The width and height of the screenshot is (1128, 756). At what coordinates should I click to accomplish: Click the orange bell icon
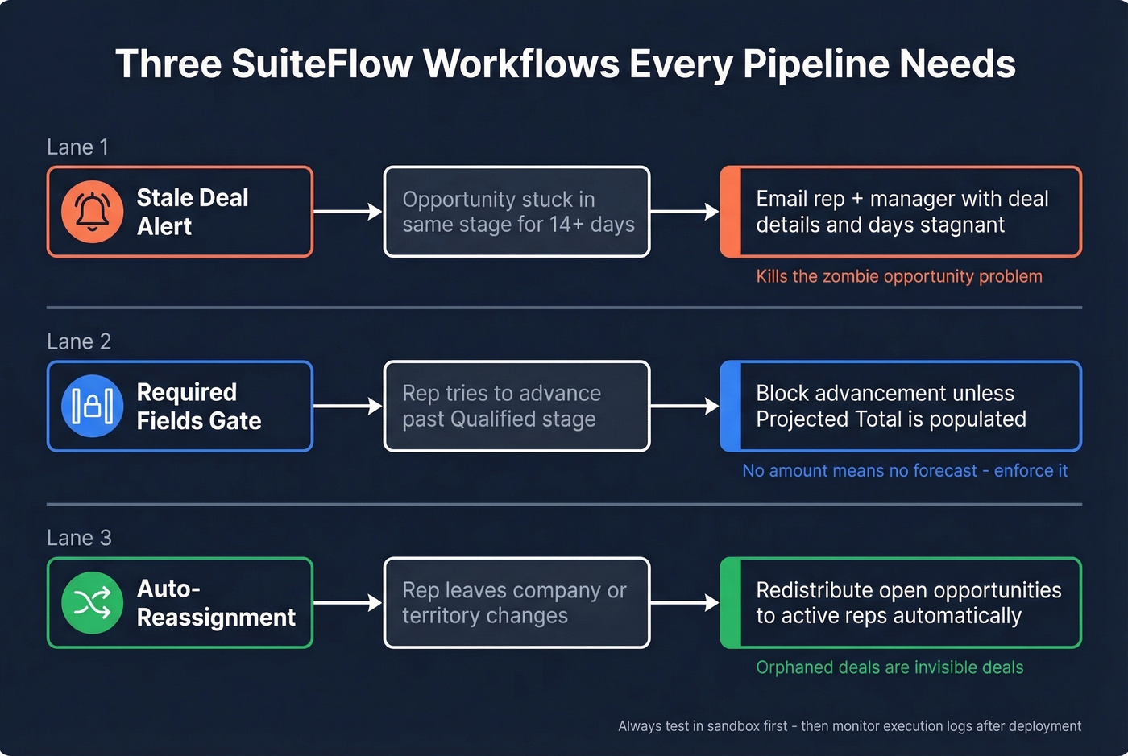pyautogui.click(x=93, y=212)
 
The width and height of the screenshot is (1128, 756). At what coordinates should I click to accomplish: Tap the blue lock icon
pyautogui.click(x=93, y=406)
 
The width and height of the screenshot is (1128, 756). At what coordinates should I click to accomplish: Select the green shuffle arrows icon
pyautogui.click(x=93, y=602)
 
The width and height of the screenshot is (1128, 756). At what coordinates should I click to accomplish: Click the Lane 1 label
pyautogui.click(x=77, y=147)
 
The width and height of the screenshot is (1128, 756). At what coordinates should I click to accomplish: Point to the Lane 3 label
pyautogui.click(x=79, y=538)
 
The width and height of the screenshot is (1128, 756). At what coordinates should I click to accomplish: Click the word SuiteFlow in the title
pyautogui.click(x=321, y=64)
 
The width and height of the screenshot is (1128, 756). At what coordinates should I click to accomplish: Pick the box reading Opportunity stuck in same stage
pyautogui.click(x=516, y=212)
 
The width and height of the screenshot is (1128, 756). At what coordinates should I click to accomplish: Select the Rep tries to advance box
pyautogui.click(x=516, y=406)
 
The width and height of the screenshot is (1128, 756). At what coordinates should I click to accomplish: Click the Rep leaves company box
pyautogui.click(x=516, y=602)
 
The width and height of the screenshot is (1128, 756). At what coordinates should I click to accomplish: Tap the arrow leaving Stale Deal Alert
pyautogui.click(x=347, y=212)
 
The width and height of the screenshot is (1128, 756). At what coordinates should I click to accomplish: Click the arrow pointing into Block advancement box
pyautogui.click(x=684, y=406)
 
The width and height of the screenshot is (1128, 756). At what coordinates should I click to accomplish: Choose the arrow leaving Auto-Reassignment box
pyautogui.click(x=347, y=602)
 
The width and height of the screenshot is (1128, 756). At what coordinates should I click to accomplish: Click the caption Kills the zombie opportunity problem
pyautogui.click(x=898, y=276)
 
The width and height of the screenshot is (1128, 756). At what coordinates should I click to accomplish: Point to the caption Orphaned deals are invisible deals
pyautogui.click(x=890, y=667)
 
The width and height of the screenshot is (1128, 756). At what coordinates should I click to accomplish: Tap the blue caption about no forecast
pyautogui.click(x=904, y=471)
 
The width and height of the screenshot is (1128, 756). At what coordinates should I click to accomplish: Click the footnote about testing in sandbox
pyautogui.click(x=849, y=726)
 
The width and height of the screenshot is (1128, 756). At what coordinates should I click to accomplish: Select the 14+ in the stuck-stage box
pyautogui.click(x=566, y=225)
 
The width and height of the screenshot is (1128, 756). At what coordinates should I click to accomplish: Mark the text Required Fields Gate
pyautogui.click(x=198, y=406)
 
